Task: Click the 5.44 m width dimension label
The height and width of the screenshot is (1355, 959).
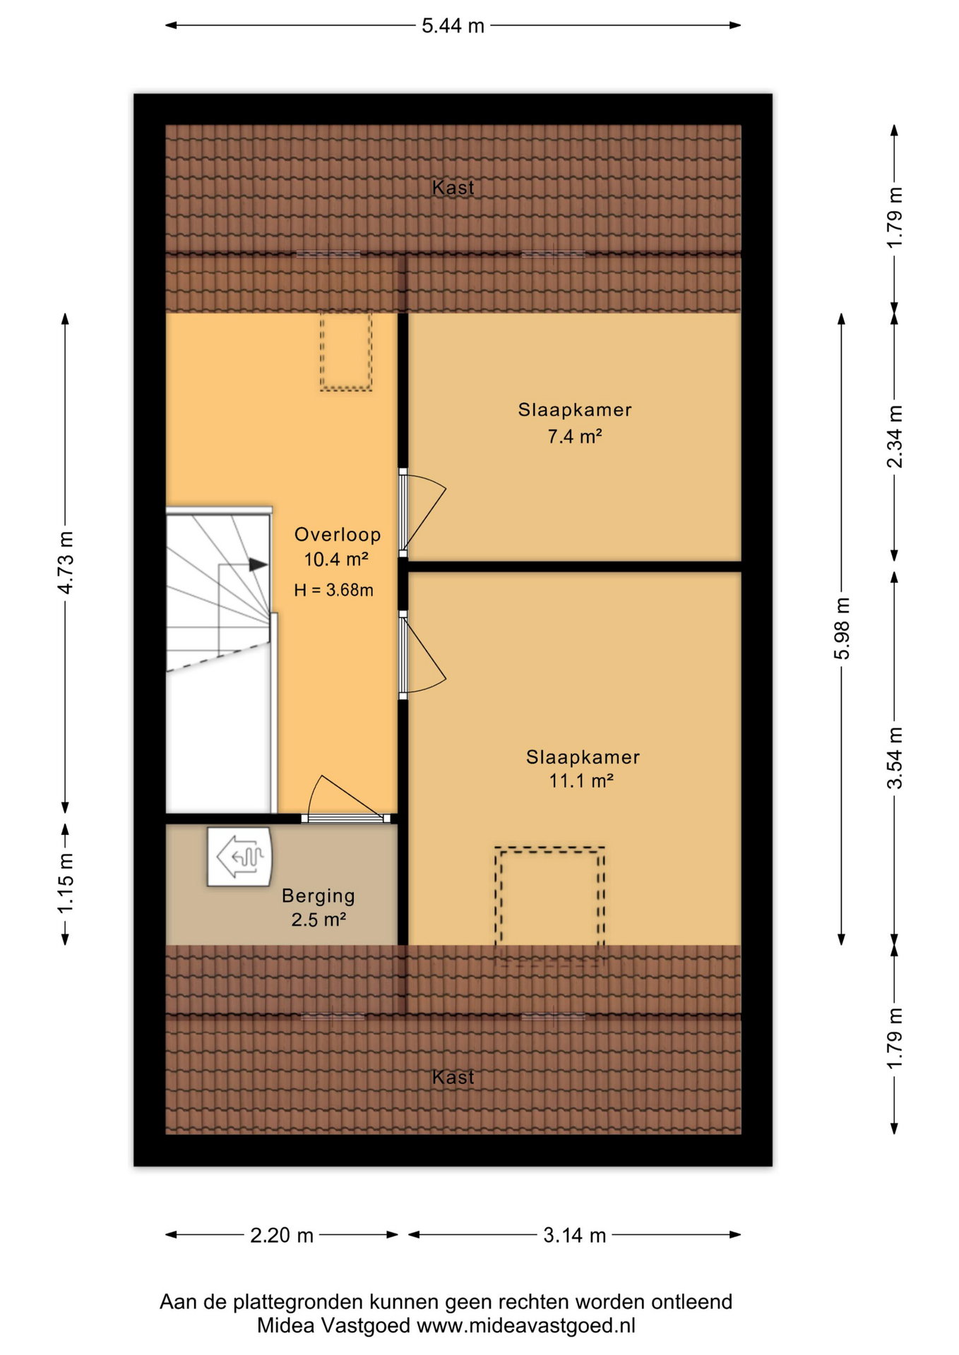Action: [x=453, y=26]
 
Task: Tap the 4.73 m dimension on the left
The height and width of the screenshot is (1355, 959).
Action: [x=66, y=562]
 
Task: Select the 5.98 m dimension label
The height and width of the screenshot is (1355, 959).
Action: [x=842, y=628]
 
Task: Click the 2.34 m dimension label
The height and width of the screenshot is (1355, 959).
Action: [x=895, y=436]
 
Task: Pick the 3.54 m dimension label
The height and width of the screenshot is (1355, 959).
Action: [x=895, y=757]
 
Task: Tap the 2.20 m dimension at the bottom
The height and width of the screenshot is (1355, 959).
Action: [x=282, y=1235]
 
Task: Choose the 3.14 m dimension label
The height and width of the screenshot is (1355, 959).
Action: [x=575, y=1235]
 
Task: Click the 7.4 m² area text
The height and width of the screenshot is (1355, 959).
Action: [x=575, y=436]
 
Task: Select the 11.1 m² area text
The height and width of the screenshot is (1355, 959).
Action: [x=581, y=781]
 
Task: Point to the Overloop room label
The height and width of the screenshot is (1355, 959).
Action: [x=338, y=535]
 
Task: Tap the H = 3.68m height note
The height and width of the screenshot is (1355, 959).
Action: [x=333, y=590]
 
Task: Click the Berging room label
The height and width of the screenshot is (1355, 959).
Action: [x=318, y=896]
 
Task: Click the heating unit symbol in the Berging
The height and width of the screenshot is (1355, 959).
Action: [x=239, y=857]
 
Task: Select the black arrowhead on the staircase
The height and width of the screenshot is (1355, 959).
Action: [x=258, y=565]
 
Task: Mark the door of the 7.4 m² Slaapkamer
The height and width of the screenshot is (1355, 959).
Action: [x=422, y=513]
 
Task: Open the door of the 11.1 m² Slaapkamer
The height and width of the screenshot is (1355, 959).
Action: [x=422, y=655]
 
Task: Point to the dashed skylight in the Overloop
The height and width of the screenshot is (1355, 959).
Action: [x=346, y=351]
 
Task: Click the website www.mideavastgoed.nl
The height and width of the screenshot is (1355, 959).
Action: [x=526, y=1325]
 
